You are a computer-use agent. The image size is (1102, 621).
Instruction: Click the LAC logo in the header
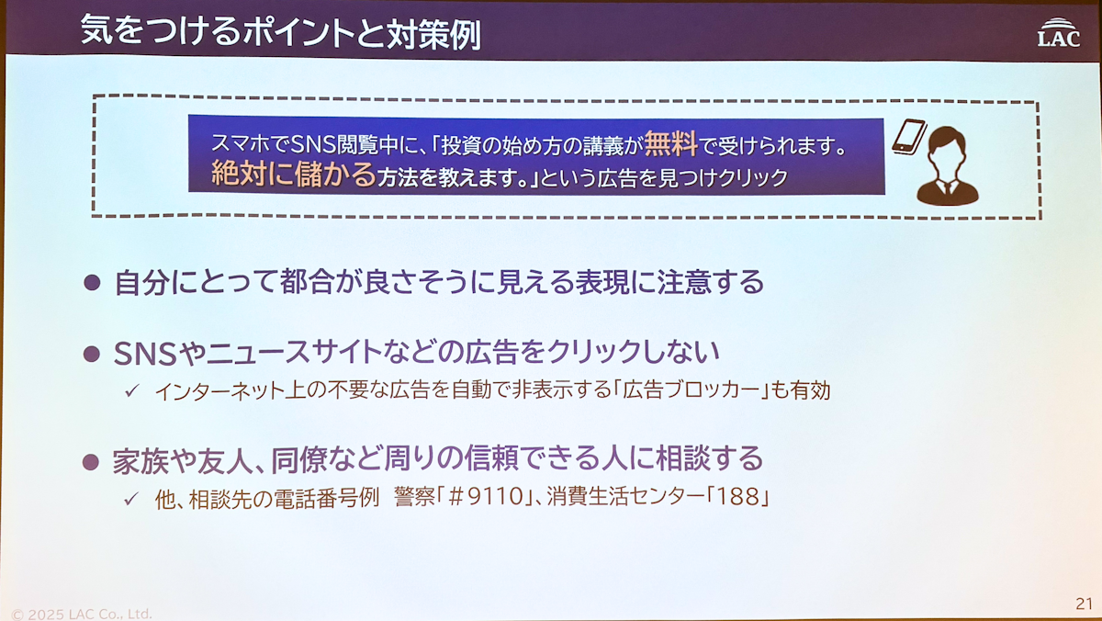coord(1059,32)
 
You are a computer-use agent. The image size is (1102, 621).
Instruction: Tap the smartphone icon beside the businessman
coord(909,137)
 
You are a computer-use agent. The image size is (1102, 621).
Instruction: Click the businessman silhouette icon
coord(948,166)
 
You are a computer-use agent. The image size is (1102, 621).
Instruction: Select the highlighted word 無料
coord(671,143)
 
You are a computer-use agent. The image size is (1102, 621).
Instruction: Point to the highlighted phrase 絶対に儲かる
coord(294,174)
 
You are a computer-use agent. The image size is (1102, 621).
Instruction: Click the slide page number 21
coord(1085,604)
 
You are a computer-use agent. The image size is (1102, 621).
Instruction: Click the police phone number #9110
coord(486,497)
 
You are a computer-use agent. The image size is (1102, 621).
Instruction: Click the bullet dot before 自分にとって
coord(92,282)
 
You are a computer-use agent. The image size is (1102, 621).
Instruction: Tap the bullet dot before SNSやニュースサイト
coord(92,354)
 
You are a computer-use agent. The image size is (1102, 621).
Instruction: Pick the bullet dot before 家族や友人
coord(91,461)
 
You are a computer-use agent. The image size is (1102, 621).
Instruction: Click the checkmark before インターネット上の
coord(132,390)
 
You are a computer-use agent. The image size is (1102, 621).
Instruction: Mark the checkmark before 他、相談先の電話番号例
coord(131,499)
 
